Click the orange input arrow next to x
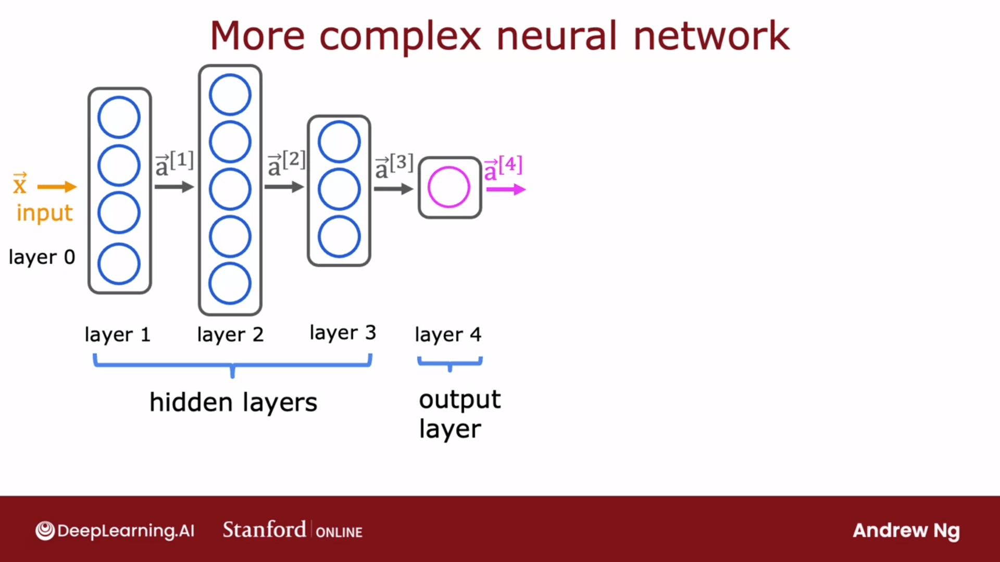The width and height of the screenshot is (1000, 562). [57, 187]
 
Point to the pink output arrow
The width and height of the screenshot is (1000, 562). [506, 189]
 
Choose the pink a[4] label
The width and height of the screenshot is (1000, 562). [503, 168]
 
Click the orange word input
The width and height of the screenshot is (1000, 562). [44, 212]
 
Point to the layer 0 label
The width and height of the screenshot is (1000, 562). [42, 257]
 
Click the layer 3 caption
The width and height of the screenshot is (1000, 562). [343, 333]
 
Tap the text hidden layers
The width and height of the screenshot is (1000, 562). [233, 402]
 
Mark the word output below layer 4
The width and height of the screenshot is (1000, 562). [460, 400]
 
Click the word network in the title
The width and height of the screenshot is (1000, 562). [711, 35]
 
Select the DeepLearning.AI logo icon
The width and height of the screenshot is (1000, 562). [45, 531]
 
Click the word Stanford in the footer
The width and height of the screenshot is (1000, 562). [265, 530]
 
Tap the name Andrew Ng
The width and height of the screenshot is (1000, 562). [906, 531]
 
